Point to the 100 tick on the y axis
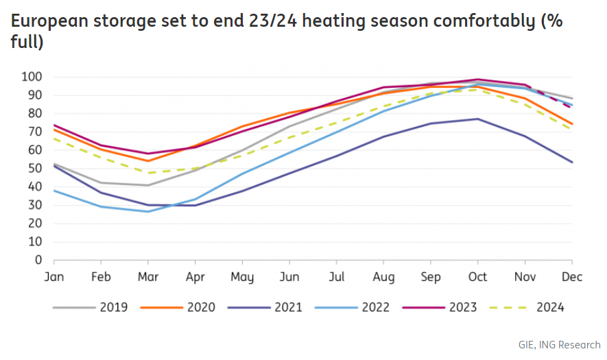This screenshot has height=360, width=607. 32,77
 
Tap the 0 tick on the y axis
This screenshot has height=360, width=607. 38,261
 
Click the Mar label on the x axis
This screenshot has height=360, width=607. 148,277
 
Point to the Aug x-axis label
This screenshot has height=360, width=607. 383,277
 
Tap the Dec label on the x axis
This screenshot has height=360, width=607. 572,277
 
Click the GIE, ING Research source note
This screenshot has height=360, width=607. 559,344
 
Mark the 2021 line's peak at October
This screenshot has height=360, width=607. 478,119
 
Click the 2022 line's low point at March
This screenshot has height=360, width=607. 148,211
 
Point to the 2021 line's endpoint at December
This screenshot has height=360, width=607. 572,162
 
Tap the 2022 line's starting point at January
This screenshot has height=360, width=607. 54,190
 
